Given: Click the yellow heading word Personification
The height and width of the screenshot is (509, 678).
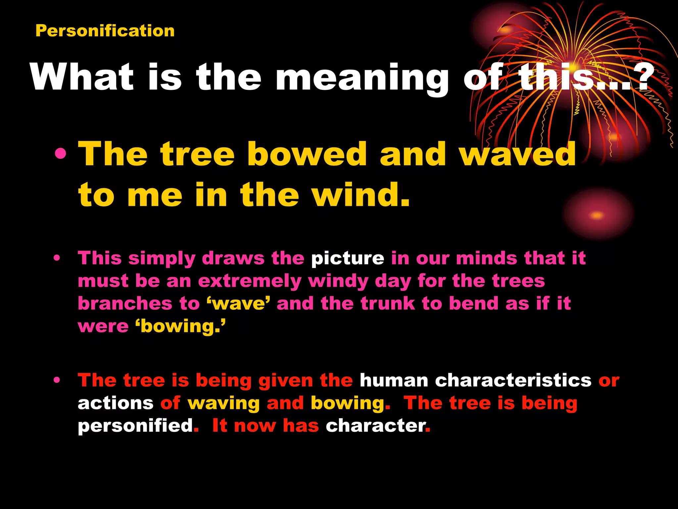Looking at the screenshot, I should point(105,31).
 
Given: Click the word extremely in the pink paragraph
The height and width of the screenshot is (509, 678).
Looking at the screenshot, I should point(250,281).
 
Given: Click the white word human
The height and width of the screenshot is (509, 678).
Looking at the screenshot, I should point(394,380).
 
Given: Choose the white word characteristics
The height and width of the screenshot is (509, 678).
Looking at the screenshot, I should point(513,380).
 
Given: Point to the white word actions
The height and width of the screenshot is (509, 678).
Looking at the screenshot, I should point(116,403).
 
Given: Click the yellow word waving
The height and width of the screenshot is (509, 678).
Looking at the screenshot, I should point(224,404).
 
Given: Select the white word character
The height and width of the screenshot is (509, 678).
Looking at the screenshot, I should point(375,426).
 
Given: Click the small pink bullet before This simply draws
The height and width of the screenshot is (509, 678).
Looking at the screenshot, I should point(57,258).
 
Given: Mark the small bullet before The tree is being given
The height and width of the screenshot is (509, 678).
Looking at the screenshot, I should point(57,380).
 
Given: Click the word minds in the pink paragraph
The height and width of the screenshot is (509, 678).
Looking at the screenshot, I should point(486,258).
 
